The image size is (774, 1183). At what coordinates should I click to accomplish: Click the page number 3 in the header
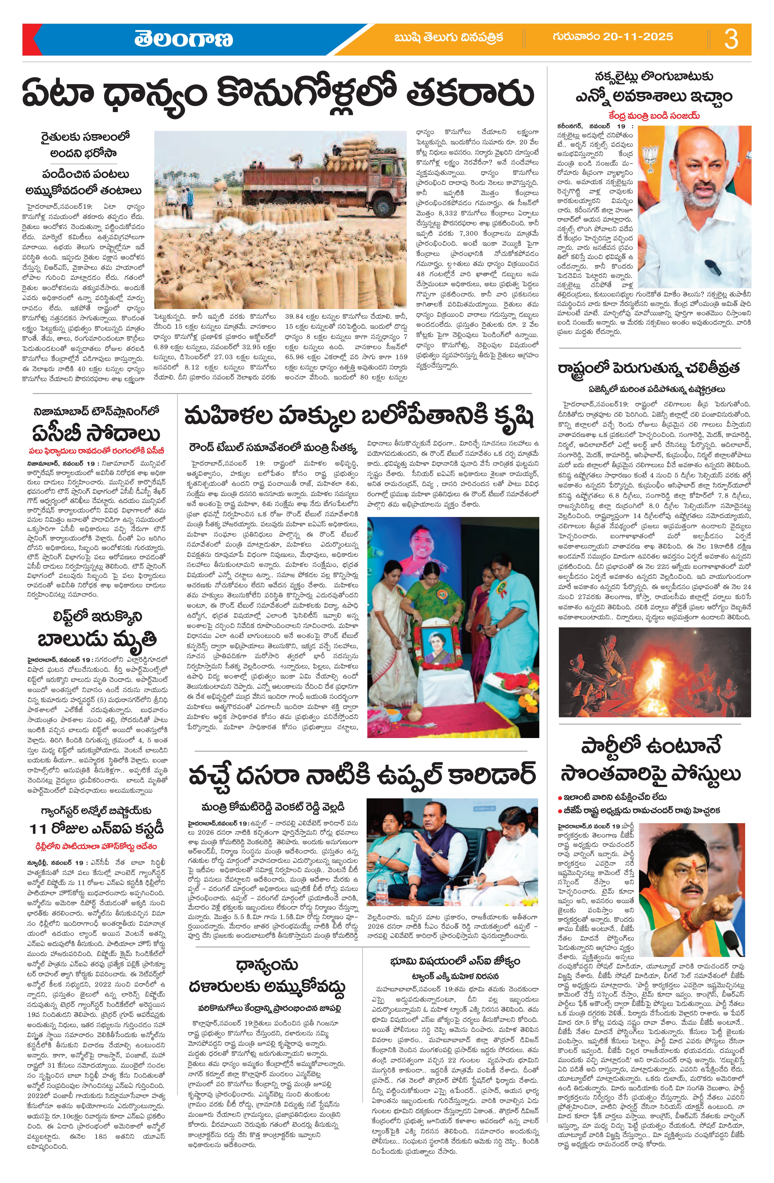coord(731,39)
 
